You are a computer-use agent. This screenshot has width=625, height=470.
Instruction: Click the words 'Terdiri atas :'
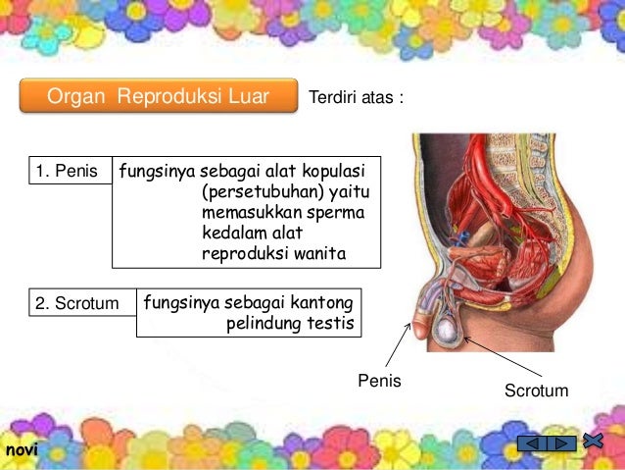coord(356,98)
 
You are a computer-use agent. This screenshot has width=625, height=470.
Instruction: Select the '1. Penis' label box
coord(67,173)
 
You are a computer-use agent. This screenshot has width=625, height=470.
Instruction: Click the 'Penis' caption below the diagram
coord(382,379)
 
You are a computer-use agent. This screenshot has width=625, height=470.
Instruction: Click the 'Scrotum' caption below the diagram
coord(535,391)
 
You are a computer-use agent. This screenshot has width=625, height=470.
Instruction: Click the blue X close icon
coord(592,440)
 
